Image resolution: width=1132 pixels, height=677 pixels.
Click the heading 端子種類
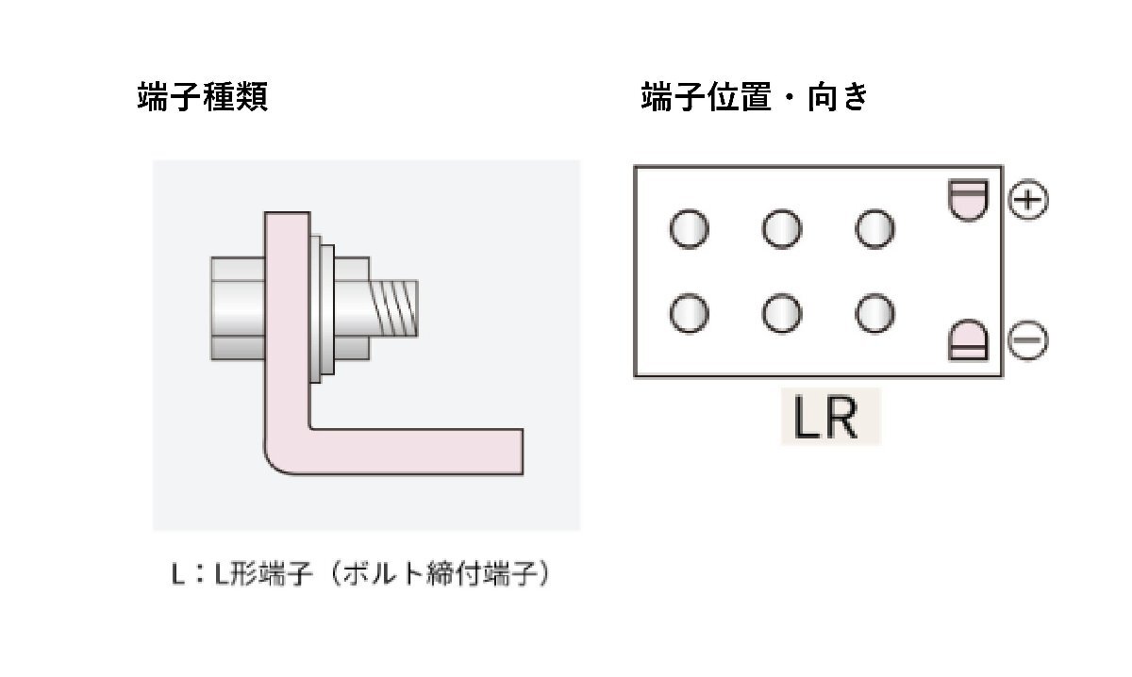tap(203, 97)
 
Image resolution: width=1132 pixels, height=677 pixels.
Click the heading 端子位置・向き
tap(754, 97)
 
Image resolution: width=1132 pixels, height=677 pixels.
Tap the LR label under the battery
tap(827, 421)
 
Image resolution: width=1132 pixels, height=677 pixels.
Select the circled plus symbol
tap(1028, 200)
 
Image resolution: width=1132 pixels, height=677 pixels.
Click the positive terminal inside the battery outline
tap(968, 199)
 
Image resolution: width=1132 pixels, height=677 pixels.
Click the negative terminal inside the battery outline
tap(968, 341)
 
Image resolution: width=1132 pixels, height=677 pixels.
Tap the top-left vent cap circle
tap(690, 229)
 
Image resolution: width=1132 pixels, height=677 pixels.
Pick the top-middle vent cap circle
tap(782, 229)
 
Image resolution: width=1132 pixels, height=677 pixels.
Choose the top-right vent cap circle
tap(874, 229)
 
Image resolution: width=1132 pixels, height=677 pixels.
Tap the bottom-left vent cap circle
tap(690, 314)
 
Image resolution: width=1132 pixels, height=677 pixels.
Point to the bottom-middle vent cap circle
tap(782, 314)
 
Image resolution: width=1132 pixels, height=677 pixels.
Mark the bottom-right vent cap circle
tap(874, 314)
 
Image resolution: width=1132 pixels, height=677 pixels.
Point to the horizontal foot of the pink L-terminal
tap(424, 451)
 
